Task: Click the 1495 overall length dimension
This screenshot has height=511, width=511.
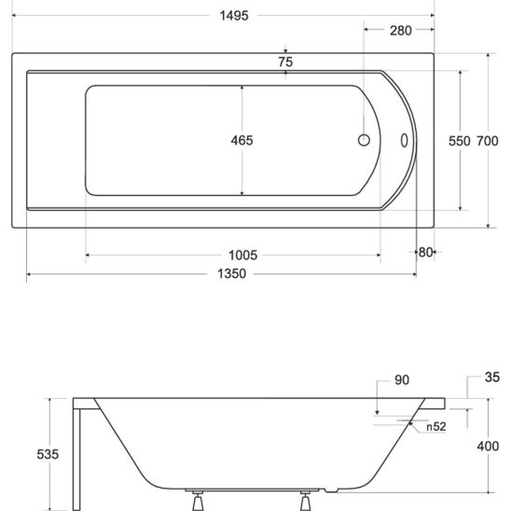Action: [x=222, y=15]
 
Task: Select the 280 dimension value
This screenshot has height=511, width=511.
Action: [x=400, y=31]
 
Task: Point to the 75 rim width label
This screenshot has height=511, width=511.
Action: [x=285, y=62]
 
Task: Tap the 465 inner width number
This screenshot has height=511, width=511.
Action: [x=242, y=140]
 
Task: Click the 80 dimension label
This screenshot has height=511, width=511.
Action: [x=425, y=252]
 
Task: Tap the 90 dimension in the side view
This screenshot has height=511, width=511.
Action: [x=402, y=380]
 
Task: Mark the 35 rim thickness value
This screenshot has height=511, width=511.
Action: [x=493, y=378]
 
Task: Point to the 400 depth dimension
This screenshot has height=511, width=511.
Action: [x=488, y=447]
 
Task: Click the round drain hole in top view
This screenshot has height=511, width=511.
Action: [x=365, y=141]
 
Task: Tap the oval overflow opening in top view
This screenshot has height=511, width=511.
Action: [x=405, y=141]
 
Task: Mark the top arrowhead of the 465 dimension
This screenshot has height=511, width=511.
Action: [x=242, y=88]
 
